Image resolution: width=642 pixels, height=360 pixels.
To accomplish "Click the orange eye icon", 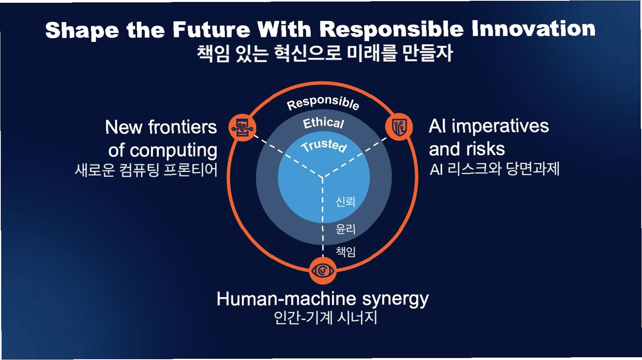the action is point(323,271).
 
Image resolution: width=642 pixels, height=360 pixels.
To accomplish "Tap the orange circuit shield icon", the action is point(399,127).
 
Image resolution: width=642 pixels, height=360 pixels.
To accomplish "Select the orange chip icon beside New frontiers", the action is point(242,127).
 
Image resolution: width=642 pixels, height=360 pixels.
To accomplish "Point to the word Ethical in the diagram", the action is point(323,123).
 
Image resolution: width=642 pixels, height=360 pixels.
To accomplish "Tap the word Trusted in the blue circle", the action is point(324,145).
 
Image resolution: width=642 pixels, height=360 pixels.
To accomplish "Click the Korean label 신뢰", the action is point(345,202).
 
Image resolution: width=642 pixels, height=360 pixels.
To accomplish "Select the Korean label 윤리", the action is point(345,229).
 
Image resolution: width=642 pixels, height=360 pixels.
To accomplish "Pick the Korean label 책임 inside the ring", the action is point(345,251).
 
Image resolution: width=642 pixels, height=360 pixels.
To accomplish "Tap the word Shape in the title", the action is point(82,30).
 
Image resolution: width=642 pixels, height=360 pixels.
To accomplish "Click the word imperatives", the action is point(500,126).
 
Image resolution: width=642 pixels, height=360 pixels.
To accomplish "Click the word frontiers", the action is point(182,127).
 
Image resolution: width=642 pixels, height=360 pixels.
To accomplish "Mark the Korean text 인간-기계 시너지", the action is point(325,318).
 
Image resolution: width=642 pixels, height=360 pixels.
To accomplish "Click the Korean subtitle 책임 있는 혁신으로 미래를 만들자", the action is point(325,53).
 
